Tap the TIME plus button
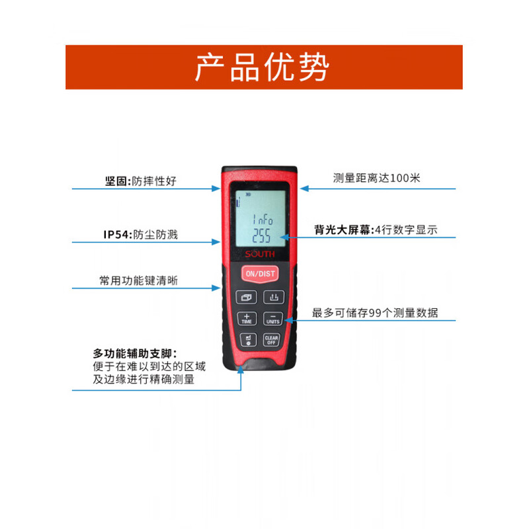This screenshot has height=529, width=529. pyautogui.click(x=247, y=318)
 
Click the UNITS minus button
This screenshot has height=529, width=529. pyautogui.click(x=272, y=318)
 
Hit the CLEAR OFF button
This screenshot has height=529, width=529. pyautogui.click(x=270, y=340)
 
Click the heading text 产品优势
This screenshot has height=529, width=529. pyautogui.click(x=263, y=67)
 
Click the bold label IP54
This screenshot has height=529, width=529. pyautogui.click(x=116, y=234)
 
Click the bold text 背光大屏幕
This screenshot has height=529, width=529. pyautogui.click(x=343, y=230)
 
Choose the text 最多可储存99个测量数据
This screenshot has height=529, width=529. pyautogui.click(x=375, y=313)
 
